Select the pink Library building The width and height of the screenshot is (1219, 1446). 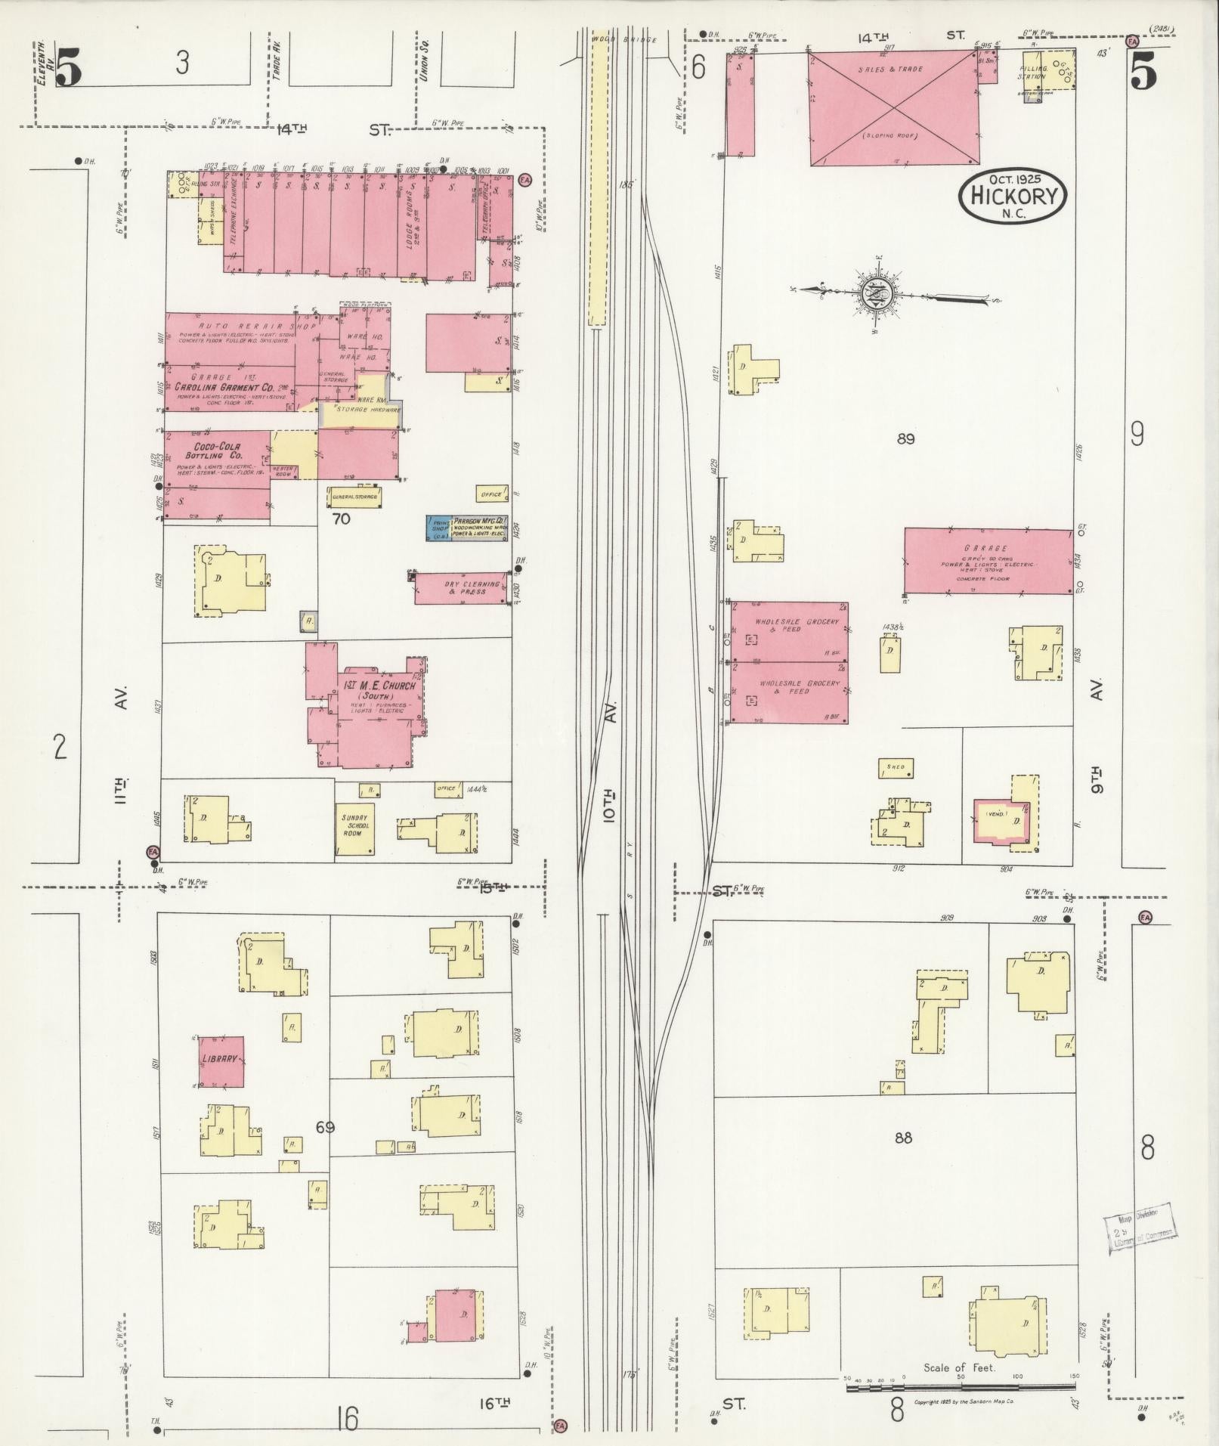click(x=220, y=1061)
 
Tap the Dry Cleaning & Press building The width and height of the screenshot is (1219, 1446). click(x=461, y=587)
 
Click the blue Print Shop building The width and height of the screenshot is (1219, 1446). click(x=438, y=528)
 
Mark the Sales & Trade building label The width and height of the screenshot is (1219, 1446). click(x=890, y=69)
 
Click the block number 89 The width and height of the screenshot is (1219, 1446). click(x=905, y=438)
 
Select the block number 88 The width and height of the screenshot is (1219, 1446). click(x=903, y=1158)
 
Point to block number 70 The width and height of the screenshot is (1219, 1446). click(x=341, y=519)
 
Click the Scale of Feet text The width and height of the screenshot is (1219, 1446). click(x=959, y=1367)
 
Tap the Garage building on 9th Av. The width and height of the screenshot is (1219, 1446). click(x=988, y=560)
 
